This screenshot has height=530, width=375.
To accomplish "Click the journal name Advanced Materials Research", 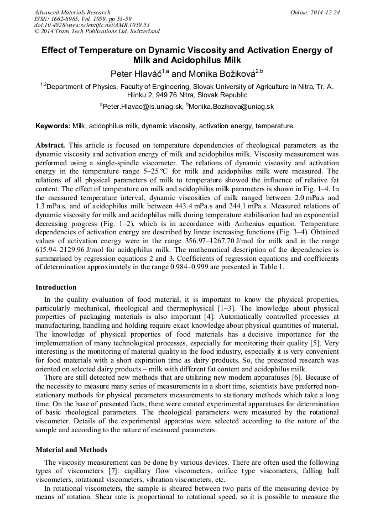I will [72, 12].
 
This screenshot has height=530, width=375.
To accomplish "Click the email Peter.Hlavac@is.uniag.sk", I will [142, 106].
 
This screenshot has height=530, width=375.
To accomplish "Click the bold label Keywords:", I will [53, 126].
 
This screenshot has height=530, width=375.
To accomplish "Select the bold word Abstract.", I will [50, 145].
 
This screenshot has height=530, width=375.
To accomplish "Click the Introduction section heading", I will [56, 287].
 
